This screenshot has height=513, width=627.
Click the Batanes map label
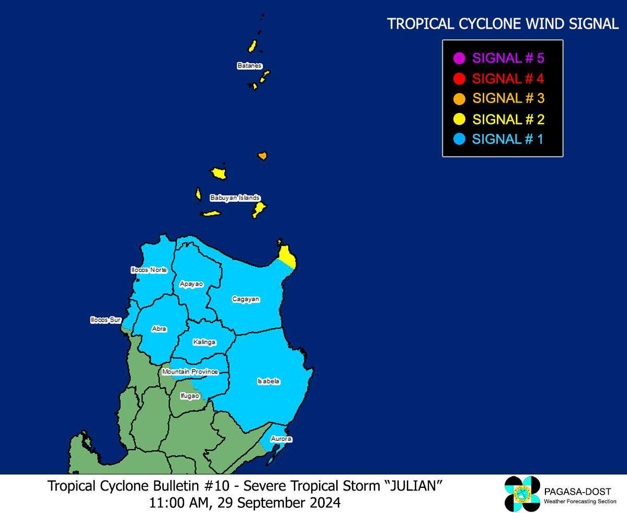click(x=249, y=66)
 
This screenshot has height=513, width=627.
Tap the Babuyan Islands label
click(x=235, y=198)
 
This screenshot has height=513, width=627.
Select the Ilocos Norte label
click(x=149, y=270)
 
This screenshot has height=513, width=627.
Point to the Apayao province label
click(x=191, y=284)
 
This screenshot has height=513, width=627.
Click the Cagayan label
click(x=246, y=299)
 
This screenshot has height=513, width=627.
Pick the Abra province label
click(x=159, y=329)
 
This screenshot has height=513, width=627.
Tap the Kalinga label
click(x=204, y=342)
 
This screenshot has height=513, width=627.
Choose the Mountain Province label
click(x=190, y=372)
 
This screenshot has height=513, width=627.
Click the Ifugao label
click(x=190, y=396)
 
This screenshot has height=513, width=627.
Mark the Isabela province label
click(x=268, y=382)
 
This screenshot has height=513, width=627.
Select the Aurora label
click(x=281, y=439)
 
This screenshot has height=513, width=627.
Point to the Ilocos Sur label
click(x=106, y=320)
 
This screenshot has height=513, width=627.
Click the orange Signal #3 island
click(x=263, y=156)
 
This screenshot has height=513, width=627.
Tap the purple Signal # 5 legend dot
click(x=460, y=58)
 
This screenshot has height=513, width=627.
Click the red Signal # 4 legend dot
click(x=460, y=79)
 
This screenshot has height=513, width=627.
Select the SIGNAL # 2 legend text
click(x=508, y=119)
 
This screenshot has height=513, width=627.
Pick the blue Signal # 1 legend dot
click(x=460, y=139)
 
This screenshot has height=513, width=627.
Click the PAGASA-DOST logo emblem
click(x=522, y=494)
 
